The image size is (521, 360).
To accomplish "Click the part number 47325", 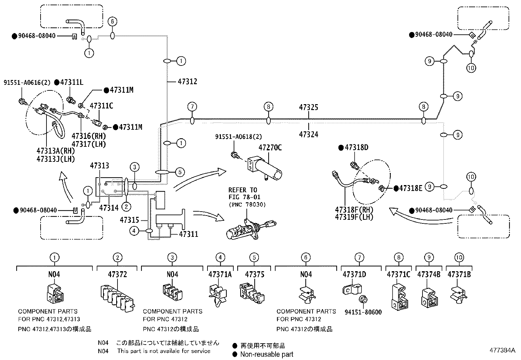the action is click(x=308, y=107).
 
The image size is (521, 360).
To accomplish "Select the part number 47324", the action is click(x=308, y=134).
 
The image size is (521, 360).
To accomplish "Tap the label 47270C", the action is click(x=270, y=148).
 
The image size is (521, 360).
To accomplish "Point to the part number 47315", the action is click(x=129, y=220).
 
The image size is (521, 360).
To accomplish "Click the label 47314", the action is click(x=109, y=208).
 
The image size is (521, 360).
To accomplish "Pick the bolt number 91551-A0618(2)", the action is click(x=238, y=137).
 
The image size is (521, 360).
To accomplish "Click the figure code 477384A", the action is click(x=502, y=350).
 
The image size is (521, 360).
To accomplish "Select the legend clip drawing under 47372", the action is click(x=118, y=298).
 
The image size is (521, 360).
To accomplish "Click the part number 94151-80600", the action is click(x=363, y=312).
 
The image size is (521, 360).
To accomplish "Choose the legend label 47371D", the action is click(x=354, y=275).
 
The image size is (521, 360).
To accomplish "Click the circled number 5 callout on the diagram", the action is click(x=180, y=172).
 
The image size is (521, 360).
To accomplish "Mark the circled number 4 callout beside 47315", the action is click(x=134, y=231).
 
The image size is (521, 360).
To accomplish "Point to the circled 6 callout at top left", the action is click(x=112, y=22).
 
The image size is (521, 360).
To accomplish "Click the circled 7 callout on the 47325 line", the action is click(x=192, y=107).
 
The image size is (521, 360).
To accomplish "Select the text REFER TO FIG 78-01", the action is click(x=244, y=194).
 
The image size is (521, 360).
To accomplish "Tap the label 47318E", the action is click(x=410, y=188).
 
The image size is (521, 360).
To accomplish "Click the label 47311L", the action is click(x=72, y=82).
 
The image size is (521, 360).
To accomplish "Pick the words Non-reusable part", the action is click(x=266, y=354).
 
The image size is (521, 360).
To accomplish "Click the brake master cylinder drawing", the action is click(x=251, y=229).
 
